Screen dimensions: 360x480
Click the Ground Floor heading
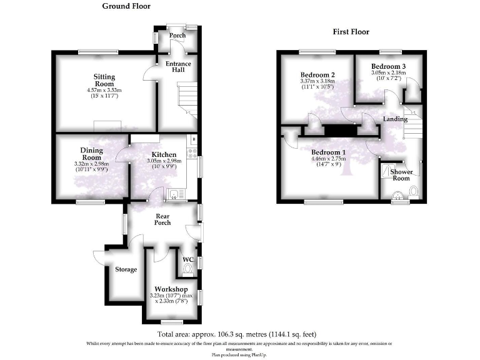click(126, 6)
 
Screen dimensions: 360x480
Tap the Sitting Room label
click(104, 81)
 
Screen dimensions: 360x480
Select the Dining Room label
click(91, 154)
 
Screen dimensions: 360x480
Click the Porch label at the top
click(177, 36)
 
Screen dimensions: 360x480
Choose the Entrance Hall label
click(178, 66)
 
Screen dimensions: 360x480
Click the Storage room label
click(126, 269)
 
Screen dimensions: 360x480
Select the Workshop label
click(171, 289)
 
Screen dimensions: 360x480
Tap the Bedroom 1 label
click(329, 152)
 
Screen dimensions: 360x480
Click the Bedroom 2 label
click(317, 75)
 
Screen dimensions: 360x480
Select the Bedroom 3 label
click(388, 66)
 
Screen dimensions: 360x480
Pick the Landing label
click(395, 119)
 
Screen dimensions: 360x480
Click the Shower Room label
click(401, 174)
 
